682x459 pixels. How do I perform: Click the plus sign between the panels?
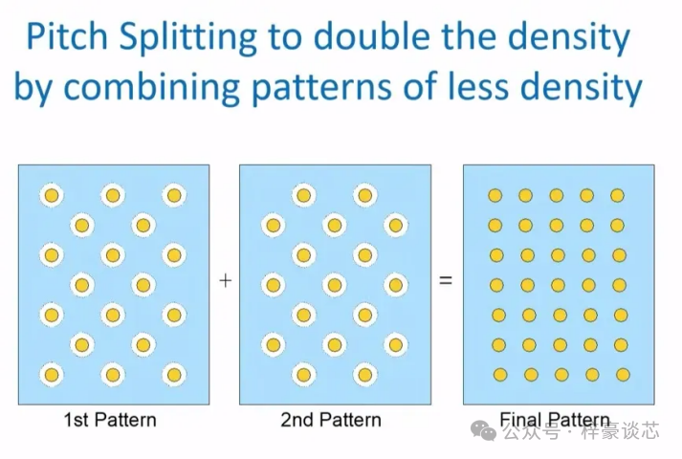click(225, 281)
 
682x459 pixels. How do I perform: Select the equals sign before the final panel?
click(445, 282)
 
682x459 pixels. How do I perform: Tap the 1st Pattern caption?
click(110, 420)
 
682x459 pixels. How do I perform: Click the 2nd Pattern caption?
click(331, 420)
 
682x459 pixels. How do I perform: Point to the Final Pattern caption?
click(555, 420)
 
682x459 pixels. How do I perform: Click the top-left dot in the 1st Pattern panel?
click(52, 196)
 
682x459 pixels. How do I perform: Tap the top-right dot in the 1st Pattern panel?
click(173, 196)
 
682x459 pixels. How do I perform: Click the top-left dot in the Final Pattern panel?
click(495, 195)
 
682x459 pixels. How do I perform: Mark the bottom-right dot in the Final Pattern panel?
click(623, 374)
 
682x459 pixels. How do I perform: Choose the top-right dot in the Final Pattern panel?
click(617, 195)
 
